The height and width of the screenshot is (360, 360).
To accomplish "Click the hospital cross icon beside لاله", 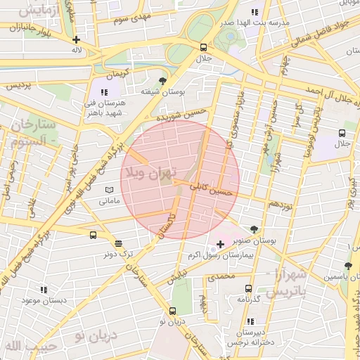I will (x=76, y=39).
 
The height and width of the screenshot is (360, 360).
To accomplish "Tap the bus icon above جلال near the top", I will (x=203, y=48).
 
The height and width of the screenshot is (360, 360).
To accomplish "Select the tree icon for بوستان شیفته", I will (x=163, y=81).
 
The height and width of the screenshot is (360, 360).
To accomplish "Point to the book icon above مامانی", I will (x=108, y=190).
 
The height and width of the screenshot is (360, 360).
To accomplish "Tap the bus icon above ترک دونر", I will (x=94, y=236).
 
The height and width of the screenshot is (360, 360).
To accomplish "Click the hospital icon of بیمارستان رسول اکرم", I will (x=220, y=244).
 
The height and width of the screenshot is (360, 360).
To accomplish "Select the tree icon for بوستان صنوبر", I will (x=254, y=229).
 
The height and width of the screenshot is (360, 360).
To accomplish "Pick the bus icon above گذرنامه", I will (x=248, y=288).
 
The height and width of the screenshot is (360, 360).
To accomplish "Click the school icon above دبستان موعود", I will (x=44, y=289).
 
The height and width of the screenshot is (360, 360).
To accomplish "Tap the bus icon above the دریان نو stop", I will (x=173, y=311).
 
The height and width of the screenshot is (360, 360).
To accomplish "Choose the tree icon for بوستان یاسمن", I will (x=348, y=266).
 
